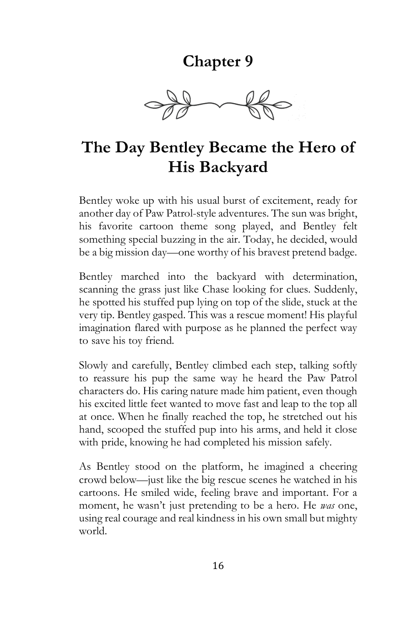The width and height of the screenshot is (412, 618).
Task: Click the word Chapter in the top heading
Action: coord(208,61)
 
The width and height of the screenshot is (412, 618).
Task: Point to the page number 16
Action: coord(218,566)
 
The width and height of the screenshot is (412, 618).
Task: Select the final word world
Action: coord(92,531)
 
